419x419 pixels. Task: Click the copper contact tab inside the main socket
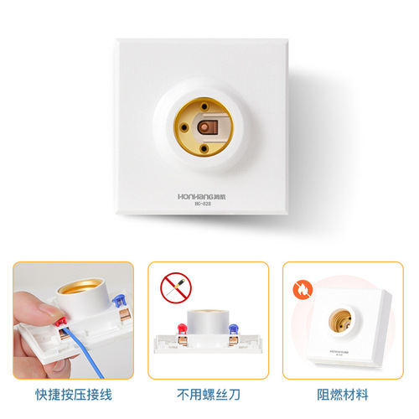click(x=209, y=129)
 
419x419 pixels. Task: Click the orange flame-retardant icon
click(x=300, y=291)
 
